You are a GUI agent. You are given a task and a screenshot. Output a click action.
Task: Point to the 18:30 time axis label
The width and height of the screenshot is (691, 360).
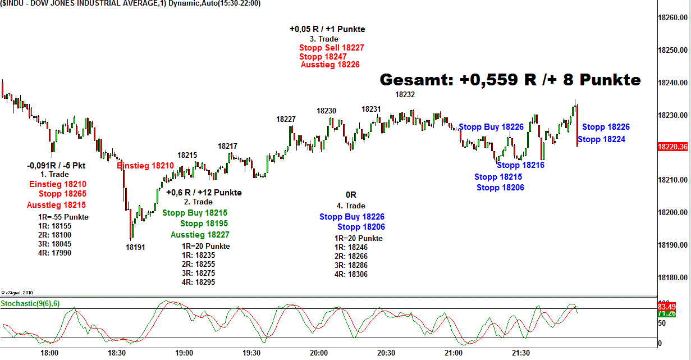point(117,353)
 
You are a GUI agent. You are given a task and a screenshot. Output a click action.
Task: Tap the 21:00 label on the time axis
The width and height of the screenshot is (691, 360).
point(454,353)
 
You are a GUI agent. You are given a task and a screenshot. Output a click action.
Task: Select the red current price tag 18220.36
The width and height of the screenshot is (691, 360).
point(672,147)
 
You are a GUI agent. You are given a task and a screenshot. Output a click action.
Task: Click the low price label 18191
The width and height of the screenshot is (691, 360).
point(135,247)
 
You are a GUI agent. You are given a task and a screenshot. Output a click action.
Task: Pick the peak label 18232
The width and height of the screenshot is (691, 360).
point(405,94)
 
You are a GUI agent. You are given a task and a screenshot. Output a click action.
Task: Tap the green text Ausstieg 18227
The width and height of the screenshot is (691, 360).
point(200,235)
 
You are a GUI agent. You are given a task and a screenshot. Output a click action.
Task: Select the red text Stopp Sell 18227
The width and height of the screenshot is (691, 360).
point(331,48)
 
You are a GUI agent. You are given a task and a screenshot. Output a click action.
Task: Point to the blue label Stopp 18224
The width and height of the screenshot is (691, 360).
point(601,139)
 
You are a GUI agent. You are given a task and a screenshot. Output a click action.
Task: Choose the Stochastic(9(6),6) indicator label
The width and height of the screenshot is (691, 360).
point(30,304)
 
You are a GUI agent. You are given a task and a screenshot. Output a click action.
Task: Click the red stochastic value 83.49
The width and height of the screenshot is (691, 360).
point(672,307)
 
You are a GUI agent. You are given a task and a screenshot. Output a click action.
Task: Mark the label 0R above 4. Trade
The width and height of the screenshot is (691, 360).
point(351,195)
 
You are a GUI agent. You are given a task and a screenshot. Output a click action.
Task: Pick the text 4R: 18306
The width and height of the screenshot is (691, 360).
point(351,274)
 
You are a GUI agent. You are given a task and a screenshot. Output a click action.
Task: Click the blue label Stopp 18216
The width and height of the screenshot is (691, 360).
point(520,165)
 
